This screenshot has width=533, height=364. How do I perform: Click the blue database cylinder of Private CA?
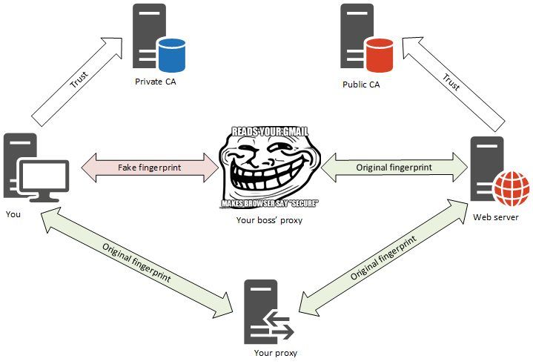pos(171,53)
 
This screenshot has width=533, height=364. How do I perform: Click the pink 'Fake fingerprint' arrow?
pos(149,168)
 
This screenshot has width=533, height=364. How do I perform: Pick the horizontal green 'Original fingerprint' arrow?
pos(394,168)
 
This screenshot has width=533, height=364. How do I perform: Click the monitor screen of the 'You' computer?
pos(44,178)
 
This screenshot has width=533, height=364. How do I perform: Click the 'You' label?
pos(13,214)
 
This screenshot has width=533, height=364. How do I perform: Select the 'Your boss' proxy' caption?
pos(269,220)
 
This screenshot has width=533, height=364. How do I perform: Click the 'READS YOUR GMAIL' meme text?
pos(269,131)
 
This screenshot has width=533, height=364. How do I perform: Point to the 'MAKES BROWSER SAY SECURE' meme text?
pos(269,203)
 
